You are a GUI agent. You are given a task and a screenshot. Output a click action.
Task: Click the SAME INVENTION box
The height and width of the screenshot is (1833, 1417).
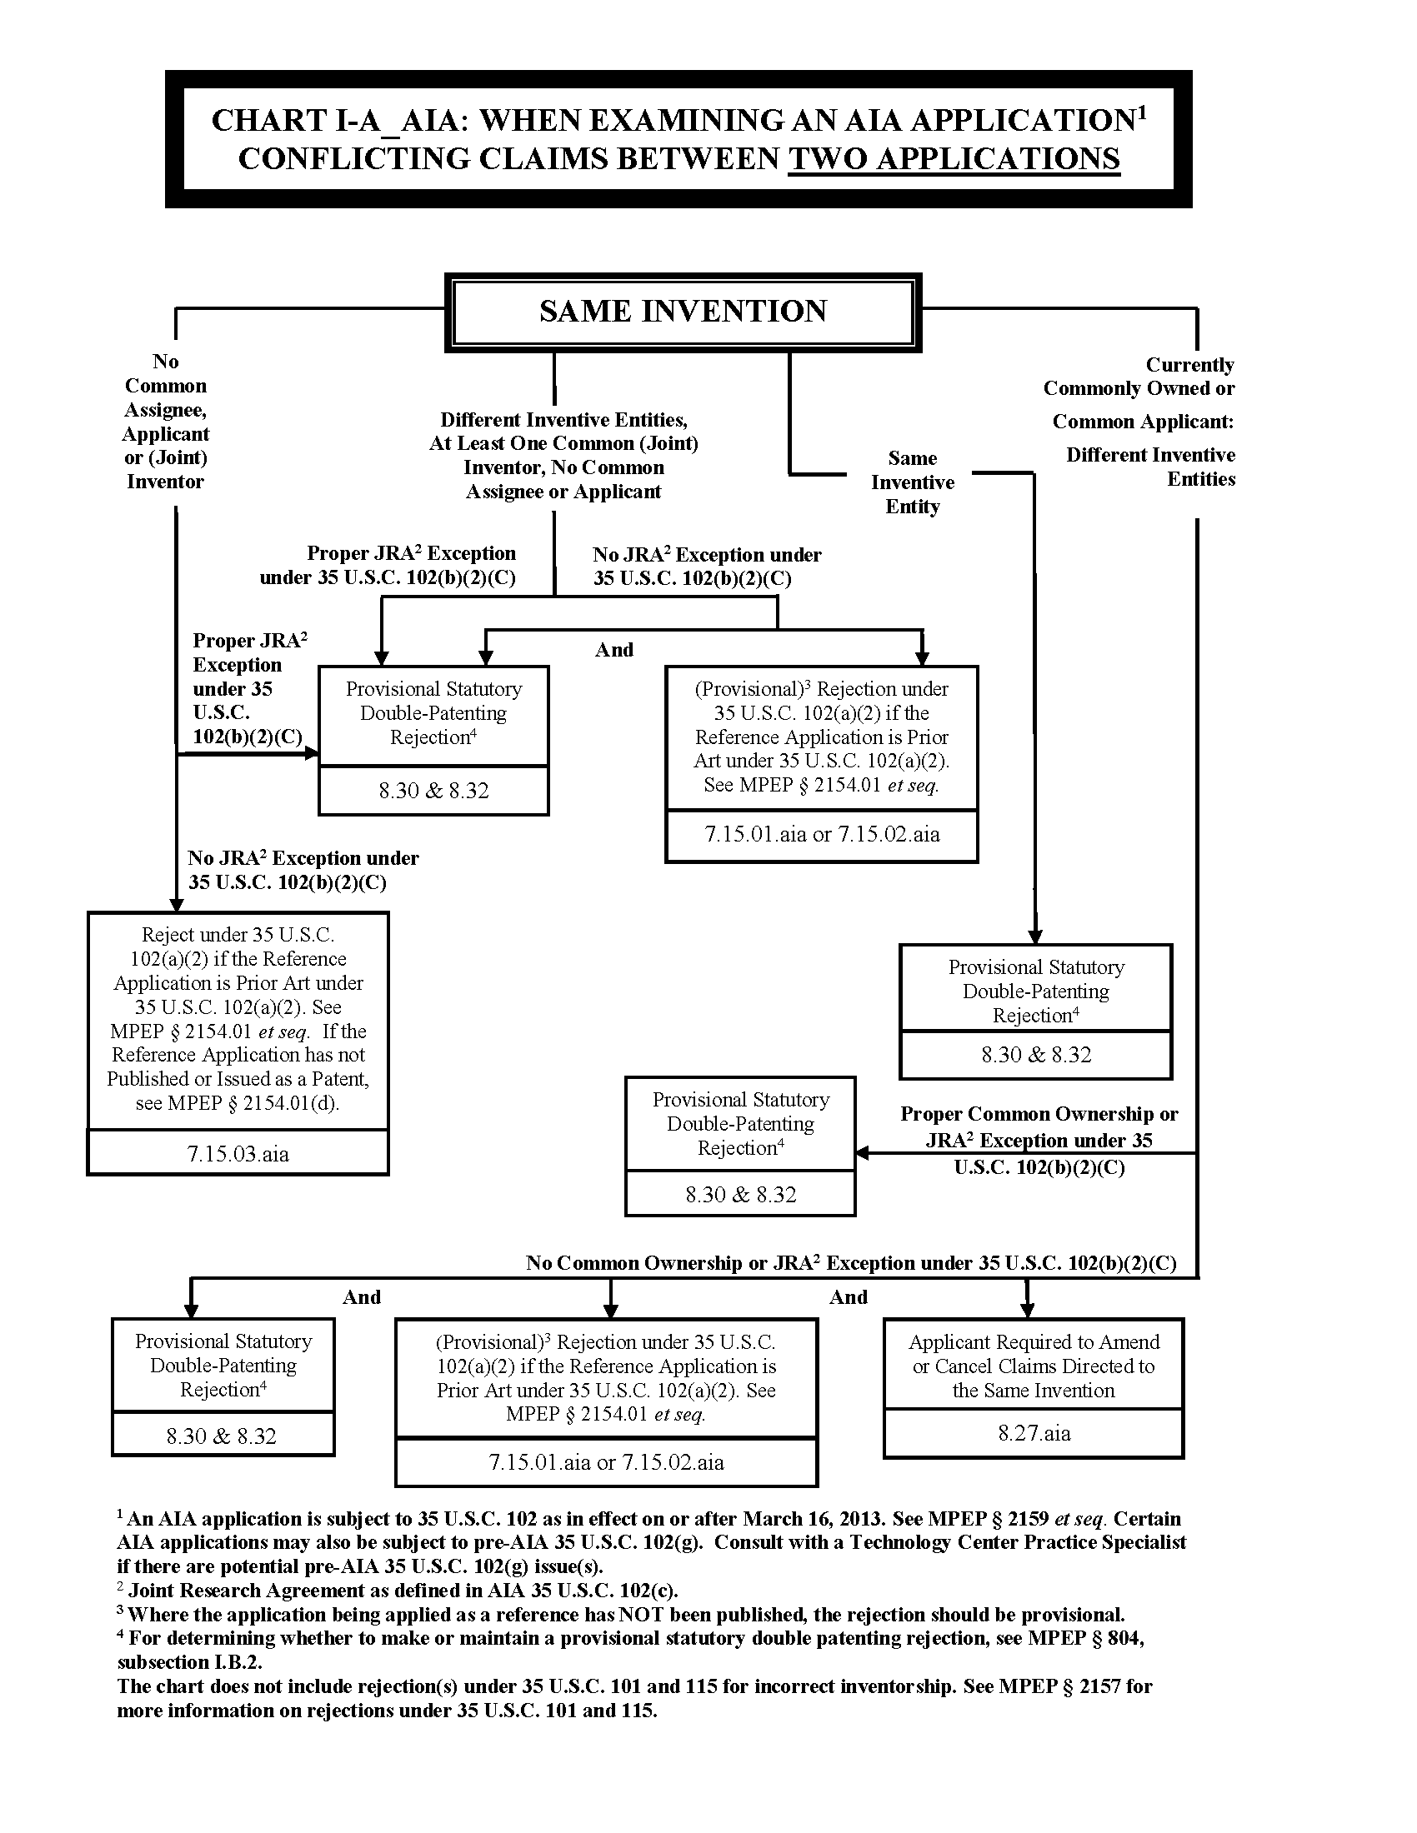[x=683, y=312]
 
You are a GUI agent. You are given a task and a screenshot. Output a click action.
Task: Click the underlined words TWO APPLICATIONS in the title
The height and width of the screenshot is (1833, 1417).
[x=954, y=158]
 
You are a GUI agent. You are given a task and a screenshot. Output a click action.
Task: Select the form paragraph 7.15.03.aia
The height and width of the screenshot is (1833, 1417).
[x=238, y=1153]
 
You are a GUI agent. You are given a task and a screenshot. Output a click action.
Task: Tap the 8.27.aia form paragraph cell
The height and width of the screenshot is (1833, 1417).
[x=1034, y=1433]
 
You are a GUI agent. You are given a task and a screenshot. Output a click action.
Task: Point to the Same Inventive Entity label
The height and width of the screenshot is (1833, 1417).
[x=913, y=482]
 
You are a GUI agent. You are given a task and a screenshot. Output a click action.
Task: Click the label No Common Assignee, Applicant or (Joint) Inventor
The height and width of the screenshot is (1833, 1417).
[x=165, y=422]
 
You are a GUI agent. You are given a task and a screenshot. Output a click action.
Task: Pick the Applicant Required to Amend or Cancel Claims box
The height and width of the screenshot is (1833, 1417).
[x=1034, y=1366]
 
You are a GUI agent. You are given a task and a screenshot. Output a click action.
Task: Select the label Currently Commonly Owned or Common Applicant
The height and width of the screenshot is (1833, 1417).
[x=1141, y=392]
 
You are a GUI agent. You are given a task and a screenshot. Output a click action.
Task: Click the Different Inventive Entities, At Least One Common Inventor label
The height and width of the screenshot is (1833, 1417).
[x=563, y=455]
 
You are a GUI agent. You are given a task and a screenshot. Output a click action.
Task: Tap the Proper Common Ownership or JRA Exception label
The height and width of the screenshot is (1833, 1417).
[x=1039, y=1140]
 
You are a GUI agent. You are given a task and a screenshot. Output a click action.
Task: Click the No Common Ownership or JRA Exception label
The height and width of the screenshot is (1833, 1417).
[x=850, y=1263]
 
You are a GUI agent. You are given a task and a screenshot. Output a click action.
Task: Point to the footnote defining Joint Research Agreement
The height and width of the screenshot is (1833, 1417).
[x=403, y=1591]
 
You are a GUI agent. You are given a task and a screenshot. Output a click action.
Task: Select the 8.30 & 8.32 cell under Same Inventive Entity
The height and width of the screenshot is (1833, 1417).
[x=1036, y=1055]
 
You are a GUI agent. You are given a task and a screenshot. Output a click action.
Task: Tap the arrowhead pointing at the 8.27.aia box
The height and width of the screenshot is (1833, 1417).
[x=1027, y=1310]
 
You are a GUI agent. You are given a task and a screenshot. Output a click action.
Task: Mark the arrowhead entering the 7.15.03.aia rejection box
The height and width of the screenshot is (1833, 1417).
[x=176, y=904]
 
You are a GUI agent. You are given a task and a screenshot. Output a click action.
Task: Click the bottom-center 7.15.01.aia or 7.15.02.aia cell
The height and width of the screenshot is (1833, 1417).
[x=606, y=1462]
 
